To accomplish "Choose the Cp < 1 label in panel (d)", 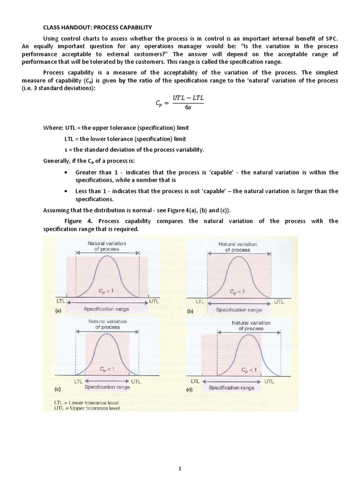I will tap(249, 371).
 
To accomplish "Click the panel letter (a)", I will tap(59, 310).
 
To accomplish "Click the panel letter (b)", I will tap(190, 310).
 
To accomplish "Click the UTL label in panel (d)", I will tap(270, 382).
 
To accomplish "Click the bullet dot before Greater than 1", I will tap(65, 172).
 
